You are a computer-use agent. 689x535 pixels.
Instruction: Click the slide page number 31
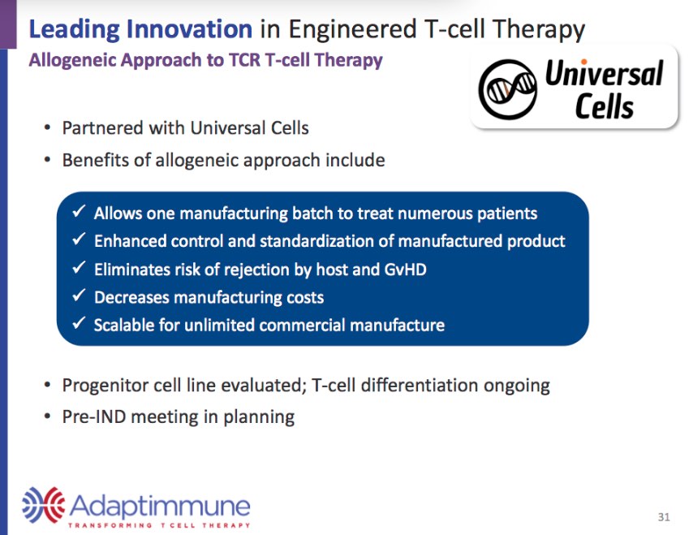664,517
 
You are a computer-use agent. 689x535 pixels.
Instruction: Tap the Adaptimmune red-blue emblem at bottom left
42,505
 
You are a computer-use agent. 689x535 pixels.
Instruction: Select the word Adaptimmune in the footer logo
160,507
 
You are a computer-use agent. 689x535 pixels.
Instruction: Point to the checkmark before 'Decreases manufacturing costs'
80,296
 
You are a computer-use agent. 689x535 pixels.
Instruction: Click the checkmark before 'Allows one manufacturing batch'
80,213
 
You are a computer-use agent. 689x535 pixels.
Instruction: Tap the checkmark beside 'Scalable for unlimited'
80,324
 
